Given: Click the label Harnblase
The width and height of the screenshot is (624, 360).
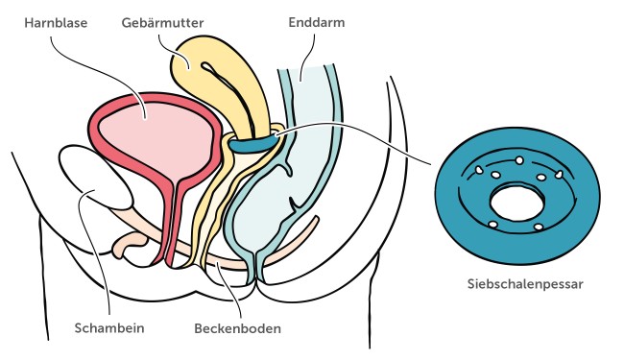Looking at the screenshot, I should (57, 20).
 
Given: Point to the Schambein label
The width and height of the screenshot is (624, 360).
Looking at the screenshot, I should (109, 327).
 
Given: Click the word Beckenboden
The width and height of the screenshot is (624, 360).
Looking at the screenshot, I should (237, 327).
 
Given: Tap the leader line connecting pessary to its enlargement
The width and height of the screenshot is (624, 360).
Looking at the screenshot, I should (365, 134).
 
